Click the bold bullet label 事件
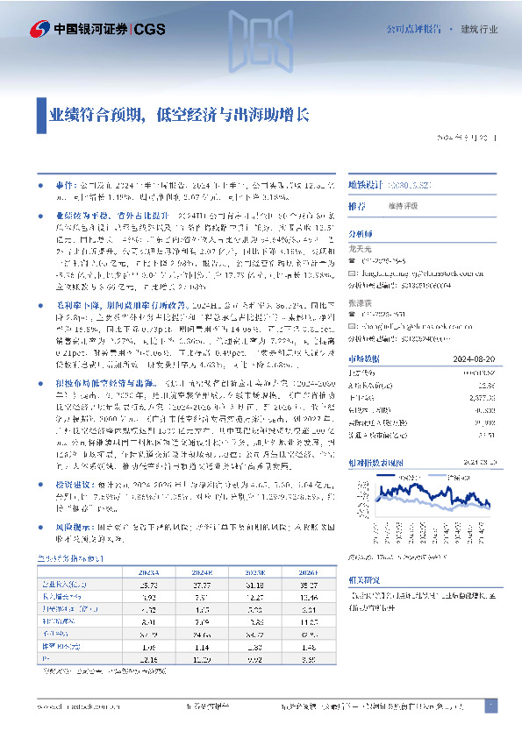[x=61, y=186]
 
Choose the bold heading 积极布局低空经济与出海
[x=98, y=385]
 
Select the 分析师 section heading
[x=361, y=234]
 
